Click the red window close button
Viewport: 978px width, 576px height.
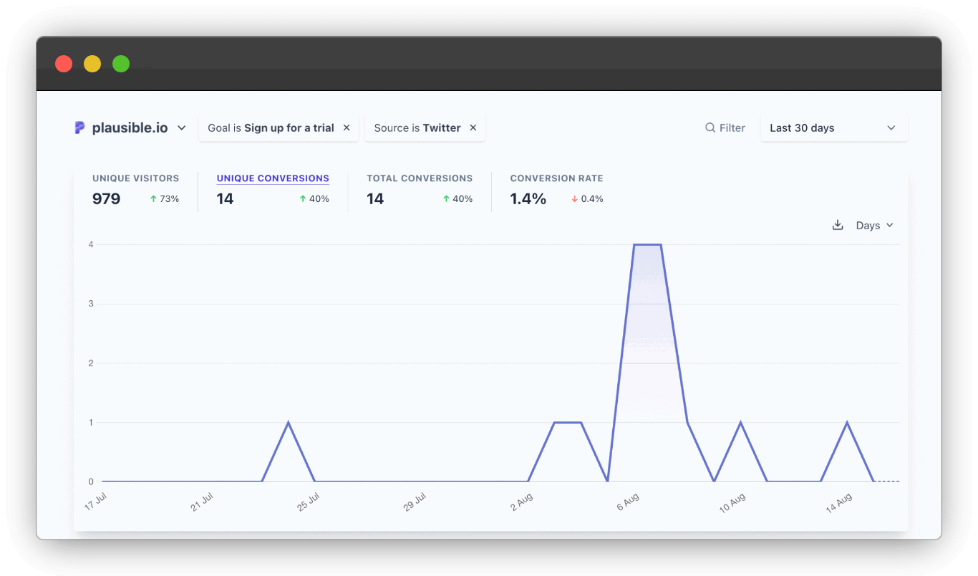click(x=64, y=64)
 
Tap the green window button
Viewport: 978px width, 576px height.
click(x=121, y=64)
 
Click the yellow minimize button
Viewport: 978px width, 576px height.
click(x=92, y=64)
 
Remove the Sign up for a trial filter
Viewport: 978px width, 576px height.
click(x=347, y=128)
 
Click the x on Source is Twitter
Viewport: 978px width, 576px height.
click(x=473, y=128)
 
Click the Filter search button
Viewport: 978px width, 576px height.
click(x=725, y=128)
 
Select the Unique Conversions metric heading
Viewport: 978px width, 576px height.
click(x=273, y=178)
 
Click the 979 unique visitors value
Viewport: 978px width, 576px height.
click(x=106, y=199)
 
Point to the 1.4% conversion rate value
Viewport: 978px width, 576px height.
click(x=528, y=199)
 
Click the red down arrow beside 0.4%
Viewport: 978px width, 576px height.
click(x=574, y=199)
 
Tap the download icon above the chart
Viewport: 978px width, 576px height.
click(x=838, y=225)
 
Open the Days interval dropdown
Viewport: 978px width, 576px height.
click(x=874, y=225)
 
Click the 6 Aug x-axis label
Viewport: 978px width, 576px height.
click(x=628, y=501)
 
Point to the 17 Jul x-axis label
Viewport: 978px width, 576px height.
click(x=95, y=501)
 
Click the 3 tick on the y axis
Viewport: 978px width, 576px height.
click(x=91, y=304)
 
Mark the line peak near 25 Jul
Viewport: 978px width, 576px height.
click(x=288, y=422)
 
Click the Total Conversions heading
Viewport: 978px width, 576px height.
click(x=420, y=178)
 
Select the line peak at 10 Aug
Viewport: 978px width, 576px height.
click(x=740, y=422)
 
